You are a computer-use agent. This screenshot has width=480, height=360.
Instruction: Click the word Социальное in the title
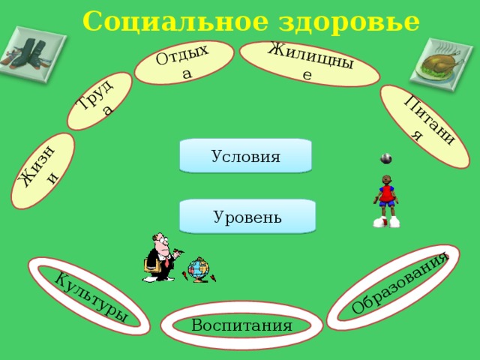(x=175, y=22)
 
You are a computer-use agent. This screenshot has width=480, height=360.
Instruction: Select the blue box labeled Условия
(x=245, y=156)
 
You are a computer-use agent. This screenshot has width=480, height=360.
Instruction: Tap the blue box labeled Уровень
(x=247, y=217)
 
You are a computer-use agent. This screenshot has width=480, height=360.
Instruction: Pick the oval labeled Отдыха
(x=184, y=62)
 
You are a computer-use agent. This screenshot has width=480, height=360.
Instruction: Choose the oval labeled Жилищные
(x=310, y=64)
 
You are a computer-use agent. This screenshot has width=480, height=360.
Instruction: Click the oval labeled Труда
(x=100, y=101)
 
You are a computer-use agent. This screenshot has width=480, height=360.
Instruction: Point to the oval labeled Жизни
(x=43, y=171)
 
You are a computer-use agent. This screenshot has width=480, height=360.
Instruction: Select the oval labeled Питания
(x=424, y=127)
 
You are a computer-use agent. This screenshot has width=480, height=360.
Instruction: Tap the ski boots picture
(x=33, y=55)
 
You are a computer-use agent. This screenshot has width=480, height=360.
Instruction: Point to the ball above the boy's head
(x=386, y=158)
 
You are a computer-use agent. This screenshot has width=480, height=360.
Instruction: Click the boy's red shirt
(x=387, y=193)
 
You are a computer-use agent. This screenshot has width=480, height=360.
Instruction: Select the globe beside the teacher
(x=199, y=269)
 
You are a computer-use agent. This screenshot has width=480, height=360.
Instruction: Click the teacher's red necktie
(x=166, y=262)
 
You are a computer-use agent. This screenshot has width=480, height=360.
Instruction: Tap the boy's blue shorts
(x=387, y=203)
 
